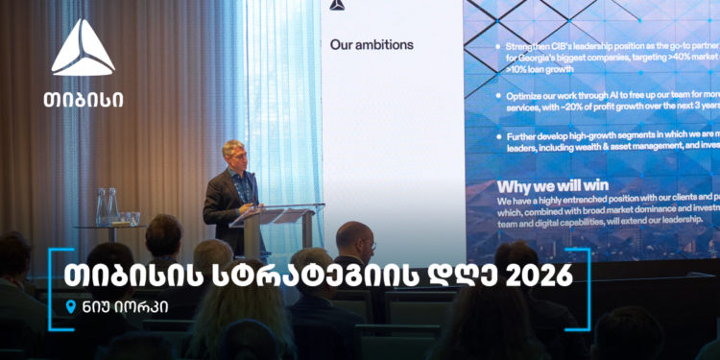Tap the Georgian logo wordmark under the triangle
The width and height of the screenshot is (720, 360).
click(83, 98)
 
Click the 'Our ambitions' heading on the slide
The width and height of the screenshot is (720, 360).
click(372, 44)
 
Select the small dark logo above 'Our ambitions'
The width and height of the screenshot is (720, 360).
click(336, 5)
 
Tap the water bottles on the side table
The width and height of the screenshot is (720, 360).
click(107, 206)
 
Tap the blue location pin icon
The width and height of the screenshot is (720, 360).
click(69, 307)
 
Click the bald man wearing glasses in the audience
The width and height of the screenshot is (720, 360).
click(354, 241)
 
